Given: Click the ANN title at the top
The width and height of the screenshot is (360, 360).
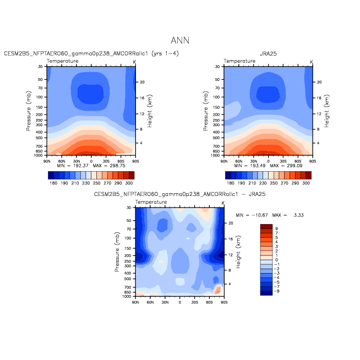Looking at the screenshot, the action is (180, 40).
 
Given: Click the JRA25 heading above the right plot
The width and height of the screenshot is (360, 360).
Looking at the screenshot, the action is (268, 53).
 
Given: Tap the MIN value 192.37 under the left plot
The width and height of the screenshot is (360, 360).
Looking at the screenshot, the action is (80, 166).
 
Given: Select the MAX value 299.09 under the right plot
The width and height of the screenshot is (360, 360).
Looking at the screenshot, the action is (294, 166).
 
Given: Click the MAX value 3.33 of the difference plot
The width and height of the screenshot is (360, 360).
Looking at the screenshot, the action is (299, 215).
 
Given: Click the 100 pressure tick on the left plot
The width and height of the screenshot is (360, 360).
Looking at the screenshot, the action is (40, 97).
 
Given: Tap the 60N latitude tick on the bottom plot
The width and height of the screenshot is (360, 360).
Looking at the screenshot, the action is (150, 302).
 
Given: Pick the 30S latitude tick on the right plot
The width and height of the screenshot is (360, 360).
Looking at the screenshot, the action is (283, 161).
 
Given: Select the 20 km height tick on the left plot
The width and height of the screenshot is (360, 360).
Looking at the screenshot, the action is (143, 82).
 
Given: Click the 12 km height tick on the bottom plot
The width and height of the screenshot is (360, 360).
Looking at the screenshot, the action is (231, 255).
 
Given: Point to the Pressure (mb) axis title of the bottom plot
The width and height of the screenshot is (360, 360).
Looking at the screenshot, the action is (117, 252).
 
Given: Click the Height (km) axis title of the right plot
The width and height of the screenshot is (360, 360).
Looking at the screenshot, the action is (327, 111).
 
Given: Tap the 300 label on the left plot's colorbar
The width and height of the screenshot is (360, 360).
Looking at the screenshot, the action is (129, 183).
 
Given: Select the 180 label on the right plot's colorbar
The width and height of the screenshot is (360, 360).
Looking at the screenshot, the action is (231, 183).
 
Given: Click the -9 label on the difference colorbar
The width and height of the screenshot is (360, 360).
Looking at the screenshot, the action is (277, 291).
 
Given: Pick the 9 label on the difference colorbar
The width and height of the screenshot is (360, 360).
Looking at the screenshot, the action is (276, 228).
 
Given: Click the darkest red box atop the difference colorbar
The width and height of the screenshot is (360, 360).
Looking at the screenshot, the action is (266, 227).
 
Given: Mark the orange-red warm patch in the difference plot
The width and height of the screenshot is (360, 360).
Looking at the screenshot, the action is (217, 290).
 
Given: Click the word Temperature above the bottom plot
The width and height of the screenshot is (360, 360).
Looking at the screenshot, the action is (151, 202).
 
